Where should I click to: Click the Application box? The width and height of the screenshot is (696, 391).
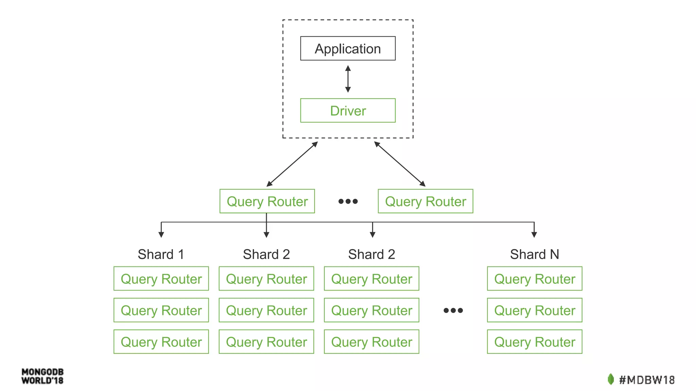coord(348,49)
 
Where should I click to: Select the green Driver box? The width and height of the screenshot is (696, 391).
coord(348,111)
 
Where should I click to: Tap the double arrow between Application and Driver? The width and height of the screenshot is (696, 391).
coord(348,79)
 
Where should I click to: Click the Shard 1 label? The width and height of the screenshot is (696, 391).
coord(161,254)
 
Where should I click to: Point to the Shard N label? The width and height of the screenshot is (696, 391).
coord(534,254)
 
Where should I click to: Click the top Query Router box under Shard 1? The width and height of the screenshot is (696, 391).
coord(161,279)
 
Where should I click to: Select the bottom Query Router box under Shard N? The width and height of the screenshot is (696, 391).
coord(534,342)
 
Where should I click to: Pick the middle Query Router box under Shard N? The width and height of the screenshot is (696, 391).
coord(534,310)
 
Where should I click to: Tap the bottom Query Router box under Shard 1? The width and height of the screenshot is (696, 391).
coord(161,342)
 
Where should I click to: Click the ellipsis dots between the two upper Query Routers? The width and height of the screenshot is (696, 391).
coord(348,201)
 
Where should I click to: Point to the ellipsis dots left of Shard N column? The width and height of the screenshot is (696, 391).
coord(453,310)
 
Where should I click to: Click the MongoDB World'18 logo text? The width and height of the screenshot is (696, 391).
coord(42,376)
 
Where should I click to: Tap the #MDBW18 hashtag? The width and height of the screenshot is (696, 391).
coord(646,380)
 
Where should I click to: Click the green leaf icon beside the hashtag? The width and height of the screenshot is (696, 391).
coord(611,379)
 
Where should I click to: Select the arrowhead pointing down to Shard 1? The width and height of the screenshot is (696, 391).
coord(161,235)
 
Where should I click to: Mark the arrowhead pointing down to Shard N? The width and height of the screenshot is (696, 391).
coord(534,235)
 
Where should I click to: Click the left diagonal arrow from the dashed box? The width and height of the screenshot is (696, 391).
coord(292,164)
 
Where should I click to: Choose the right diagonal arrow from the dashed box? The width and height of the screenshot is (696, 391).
coord(400,164)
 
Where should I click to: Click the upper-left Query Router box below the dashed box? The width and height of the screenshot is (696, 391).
coord(267,201)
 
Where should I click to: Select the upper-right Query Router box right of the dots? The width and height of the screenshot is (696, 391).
coord(425,201)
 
